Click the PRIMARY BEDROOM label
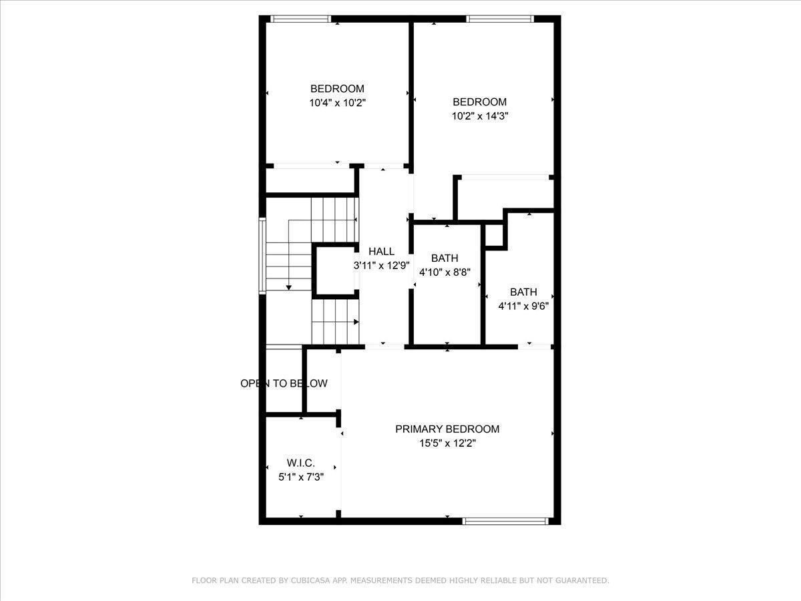(x=447, y=429)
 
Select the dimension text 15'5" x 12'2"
(x=447, y=443)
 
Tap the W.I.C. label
(x=300, y=463)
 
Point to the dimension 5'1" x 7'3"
(x=300, y=477)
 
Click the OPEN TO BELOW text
(x=284, y=383)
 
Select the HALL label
(x=381, y=252)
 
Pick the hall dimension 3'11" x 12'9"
(x=381, y=265)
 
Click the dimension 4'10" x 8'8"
(x=445, y=272)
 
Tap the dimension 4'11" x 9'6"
(x=523, y=306)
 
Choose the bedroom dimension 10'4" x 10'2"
(x=337, y=103)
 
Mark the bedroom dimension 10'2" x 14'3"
(x=480, y=116)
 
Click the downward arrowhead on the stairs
(x=288, y=286)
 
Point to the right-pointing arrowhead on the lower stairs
(x=356, y=322)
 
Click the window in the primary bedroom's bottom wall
(x=505, y=521)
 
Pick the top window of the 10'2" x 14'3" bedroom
(x=499, y=19)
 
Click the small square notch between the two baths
(x=493, y=236)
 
